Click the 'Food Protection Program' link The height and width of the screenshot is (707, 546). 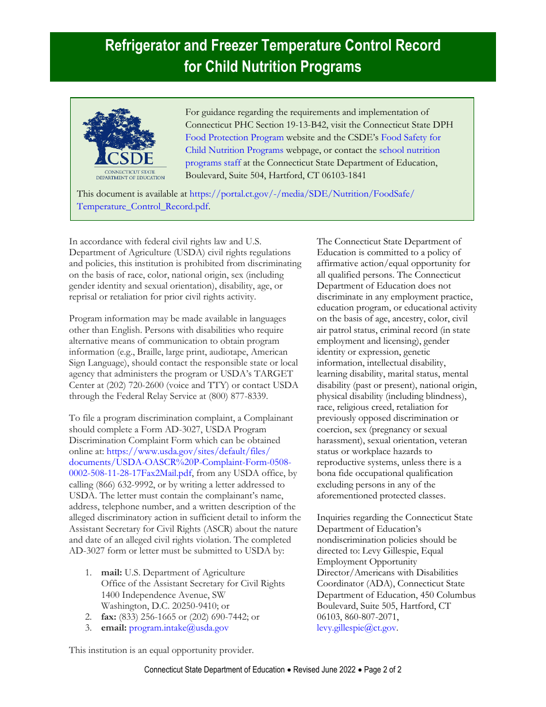coord(234,137)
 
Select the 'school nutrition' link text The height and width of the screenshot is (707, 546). coord(409,150)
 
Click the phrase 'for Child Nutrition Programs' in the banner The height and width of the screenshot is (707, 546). coord(272,67)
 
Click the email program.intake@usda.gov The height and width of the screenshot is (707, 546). coord(179,628)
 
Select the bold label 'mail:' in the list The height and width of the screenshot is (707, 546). coord(111,572)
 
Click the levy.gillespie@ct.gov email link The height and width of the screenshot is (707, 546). coord(356,628)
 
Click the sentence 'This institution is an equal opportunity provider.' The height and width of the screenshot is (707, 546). coord(162,650)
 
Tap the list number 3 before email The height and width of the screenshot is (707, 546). coord(89,628)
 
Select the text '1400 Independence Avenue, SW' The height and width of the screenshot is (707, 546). coord(163,595)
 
